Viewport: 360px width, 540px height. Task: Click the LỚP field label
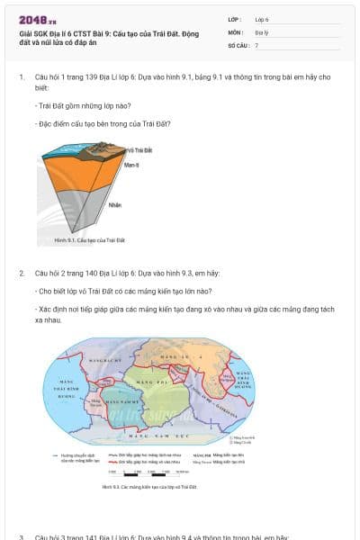point(235,19)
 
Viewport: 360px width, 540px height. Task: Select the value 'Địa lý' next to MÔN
point(261,31)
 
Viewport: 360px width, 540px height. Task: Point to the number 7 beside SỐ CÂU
point(256,44)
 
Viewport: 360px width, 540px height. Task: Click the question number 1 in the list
point(22,77)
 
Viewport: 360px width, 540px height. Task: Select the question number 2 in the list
point(22,272)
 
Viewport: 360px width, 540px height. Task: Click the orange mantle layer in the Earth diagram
point(72,189)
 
